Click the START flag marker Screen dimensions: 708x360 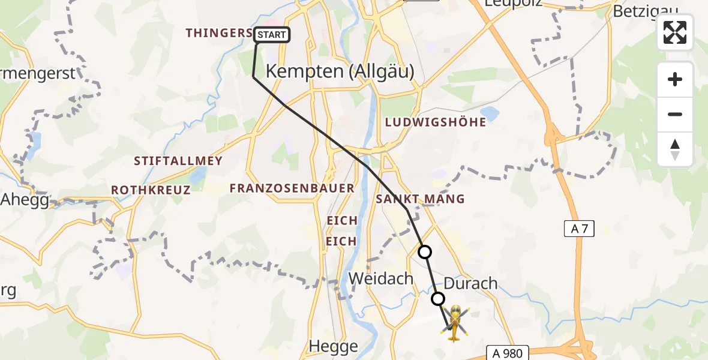272,35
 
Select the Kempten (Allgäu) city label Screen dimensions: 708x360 340,71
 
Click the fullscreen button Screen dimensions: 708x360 675,32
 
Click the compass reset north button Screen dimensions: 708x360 675,149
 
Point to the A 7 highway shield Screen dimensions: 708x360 579,228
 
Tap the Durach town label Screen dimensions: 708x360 470,283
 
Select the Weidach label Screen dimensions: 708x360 382,279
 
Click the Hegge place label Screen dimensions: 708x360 334,346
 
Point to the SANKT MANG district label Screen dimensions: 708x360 420,199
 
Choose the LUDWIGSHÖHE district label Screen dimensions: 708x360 436,122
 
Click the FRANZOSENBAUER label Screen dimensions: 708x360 292,188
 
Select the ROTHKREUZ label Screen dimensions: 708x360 151,190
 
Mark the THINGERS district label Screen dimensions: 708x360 218,33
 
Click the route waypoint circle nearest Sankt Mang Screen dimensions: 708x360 425,252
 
